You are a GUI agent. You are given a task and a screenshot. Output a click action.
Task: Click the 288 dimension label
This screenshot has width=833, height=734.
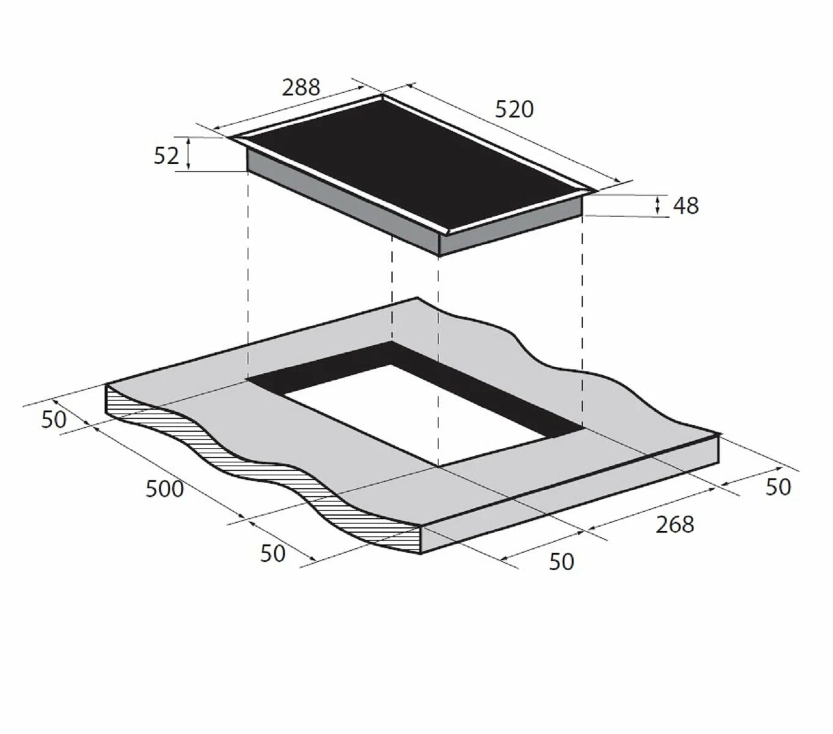301,87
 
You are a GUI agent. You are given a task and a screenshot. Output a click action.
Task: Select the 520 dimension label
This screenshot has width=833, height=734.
514,109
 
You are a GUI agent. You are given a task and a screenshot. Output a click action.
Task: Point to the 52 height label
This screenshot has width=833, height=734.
166,156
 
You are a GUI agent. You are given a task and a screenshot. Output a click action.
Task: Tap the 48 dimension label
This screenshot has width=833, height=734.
686,206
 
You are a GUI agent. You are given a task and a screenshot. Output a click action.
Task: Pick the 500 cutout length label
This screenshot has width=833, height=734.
165,489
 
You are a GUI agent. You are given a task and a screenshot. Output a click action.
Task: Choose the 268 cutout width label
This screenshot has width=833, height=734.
675,525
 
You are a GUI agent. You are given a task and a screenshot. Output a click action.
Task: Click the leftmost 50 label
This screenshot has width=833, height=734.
54,420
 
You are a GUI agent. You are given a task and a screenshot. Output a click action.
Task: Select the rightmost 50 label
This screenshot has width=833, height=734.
778,487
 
